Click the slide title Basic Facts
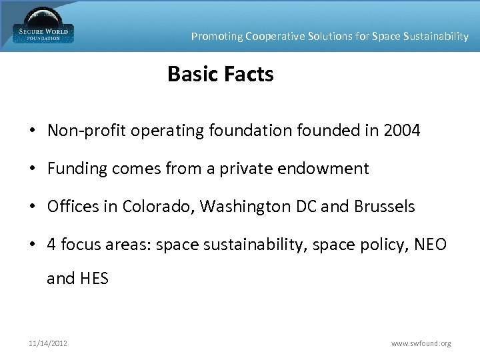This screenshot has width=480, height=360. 221,74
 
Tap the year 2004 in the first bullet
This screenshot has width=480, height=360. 402,131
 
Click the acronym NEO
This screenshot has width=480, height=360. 431,245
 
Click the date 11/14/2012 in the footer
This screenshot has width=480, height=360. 47,343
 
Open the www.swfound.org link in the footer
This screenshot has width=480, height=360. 421,343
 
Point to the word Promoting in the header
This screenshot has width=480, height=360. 217,37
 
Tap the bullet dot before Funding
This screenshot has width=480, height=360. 32,169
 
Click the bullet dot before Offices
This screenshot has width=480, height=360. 32,207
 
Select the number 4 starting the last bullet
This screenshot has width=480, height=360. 52,245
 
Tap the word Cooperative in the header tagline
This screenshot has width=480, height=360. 275,37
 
